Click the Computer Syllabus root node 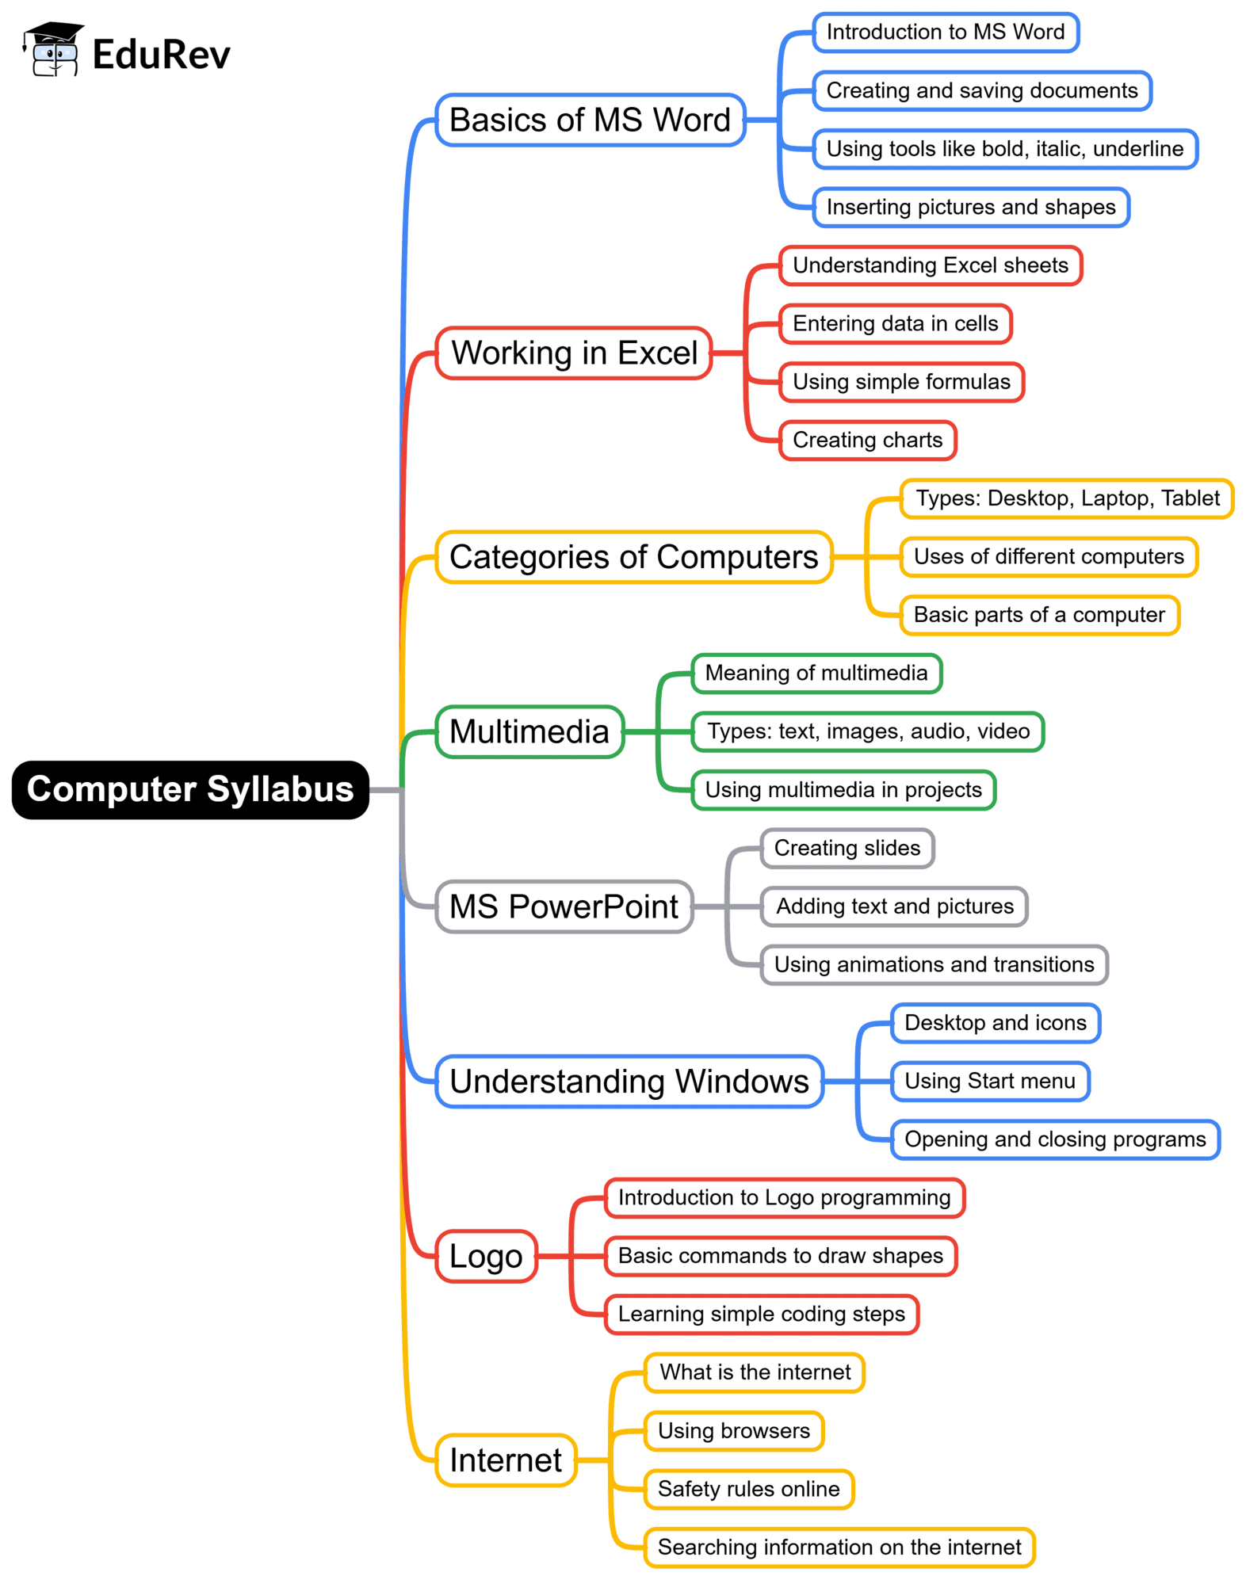pos(190,789)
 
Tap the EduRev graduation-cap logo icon pos(53,50)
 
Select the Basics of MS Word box pos(590,120)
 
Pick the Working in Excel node pos(574,353)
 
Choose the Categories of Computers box pos(633,557)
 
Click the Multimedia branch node pos(529,731)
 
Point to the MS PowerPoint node pos(564,906)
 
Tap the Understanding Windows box pos(629,1082)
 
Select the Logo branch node pos(486,1256)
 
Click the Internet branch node pos(506,1460)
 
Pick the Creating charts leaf pos(867,441)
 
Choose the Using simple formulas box pos(901,382)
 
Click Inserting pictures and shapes pos(970,208)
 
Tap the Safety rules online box pos(748,1489)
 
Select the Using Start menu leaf pos(990,1082)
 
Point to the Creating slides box pos(847,849)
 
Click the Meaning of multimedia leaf pos(816,674)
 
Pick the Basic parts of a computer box pos(1039,615)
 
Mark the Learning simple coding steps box pos(761,1315)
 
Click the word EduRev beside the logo pos(161,55)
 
